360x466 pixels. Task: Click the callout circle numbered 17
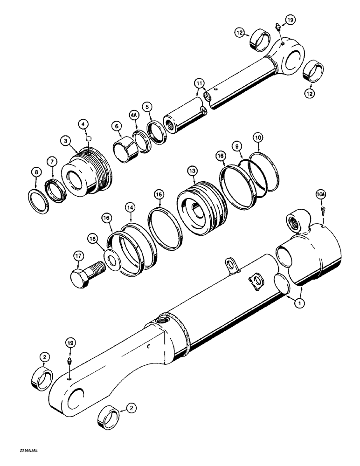point(78,255)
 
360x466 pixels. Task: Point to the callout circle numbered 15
point(159,193)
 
